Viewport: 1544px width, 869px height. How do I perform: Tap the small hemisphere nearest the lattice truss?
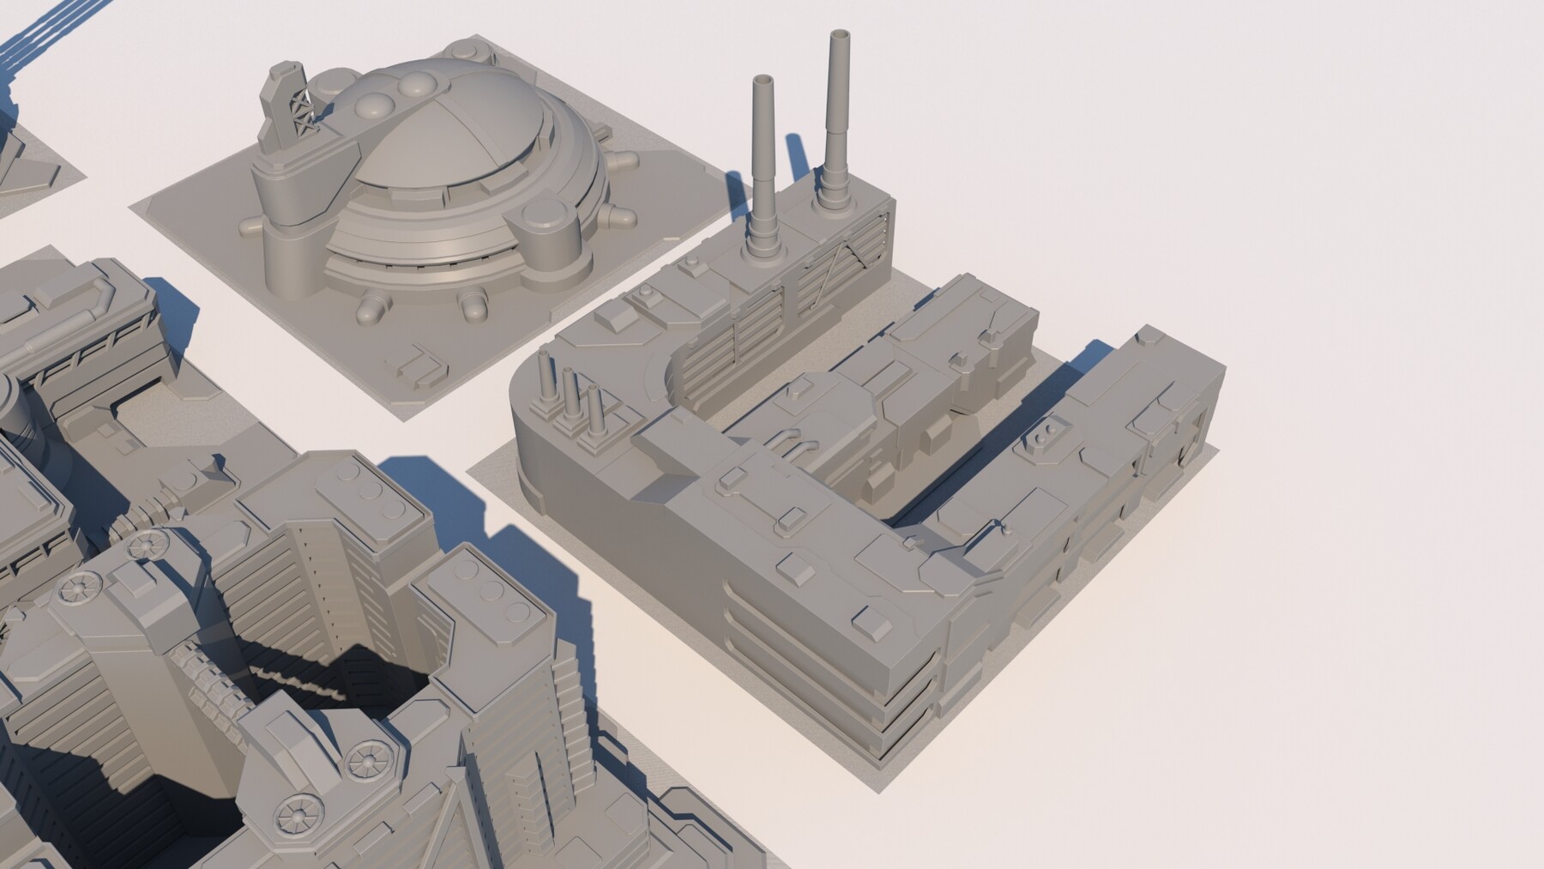click(374, 107)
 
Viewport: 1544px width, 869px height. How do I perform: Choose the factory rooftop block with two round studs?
click(1042, 438)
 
